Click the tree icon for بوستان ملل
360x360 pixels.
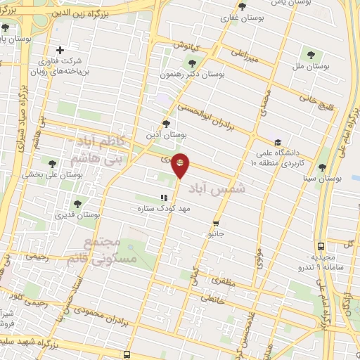(309, 53)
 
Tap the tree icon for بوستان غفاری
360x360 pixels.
(242, 6)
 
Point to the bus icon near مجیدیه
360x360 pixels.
(321, 247)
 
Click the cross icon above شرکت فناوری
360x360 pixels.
(61, 50)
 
